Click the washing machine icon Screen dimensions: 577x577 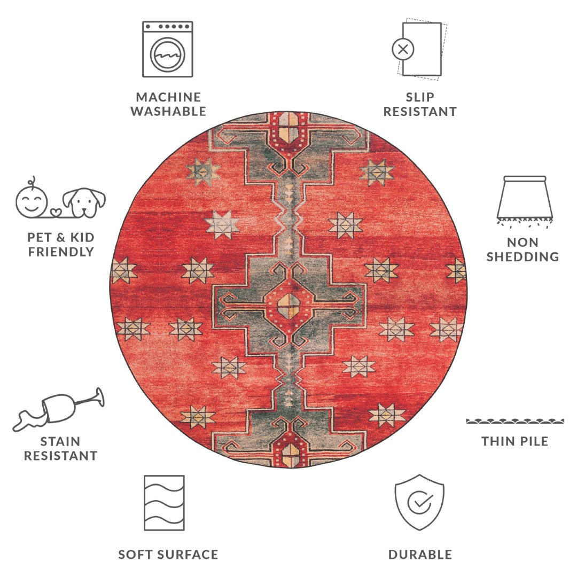(x=167, y=49)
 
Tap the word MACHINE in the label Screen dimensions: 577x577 (x=168, y=97)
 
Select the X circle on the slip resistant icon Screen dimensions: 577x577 (x=403, y=49)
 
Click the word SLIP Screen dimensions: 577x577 (x=420, y=97)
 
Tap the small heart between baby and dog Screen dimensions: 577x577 (x=56, y=213)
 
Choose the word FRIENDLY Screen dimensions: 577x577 (x=61, y=252)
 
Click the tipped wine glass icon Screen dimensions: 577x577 (x=59, y=409)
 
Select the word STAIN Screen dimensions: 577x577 (x=60, y=441)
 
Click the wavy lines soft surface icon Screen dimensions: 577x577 (x=164, y=503)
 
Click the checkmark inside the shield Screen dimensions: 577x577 (x=420, y=501)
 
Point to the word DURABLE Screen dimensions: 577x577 (x=420, y=555)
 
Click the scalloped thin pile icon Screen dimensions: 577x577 (x=515, y=421)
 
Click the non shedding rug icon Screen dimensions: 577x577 (x=525, y=201)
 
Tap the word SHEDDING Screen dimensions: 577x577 (x=523, y=256)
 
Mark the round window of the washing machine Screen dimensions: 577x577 (x=167, y=54)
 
